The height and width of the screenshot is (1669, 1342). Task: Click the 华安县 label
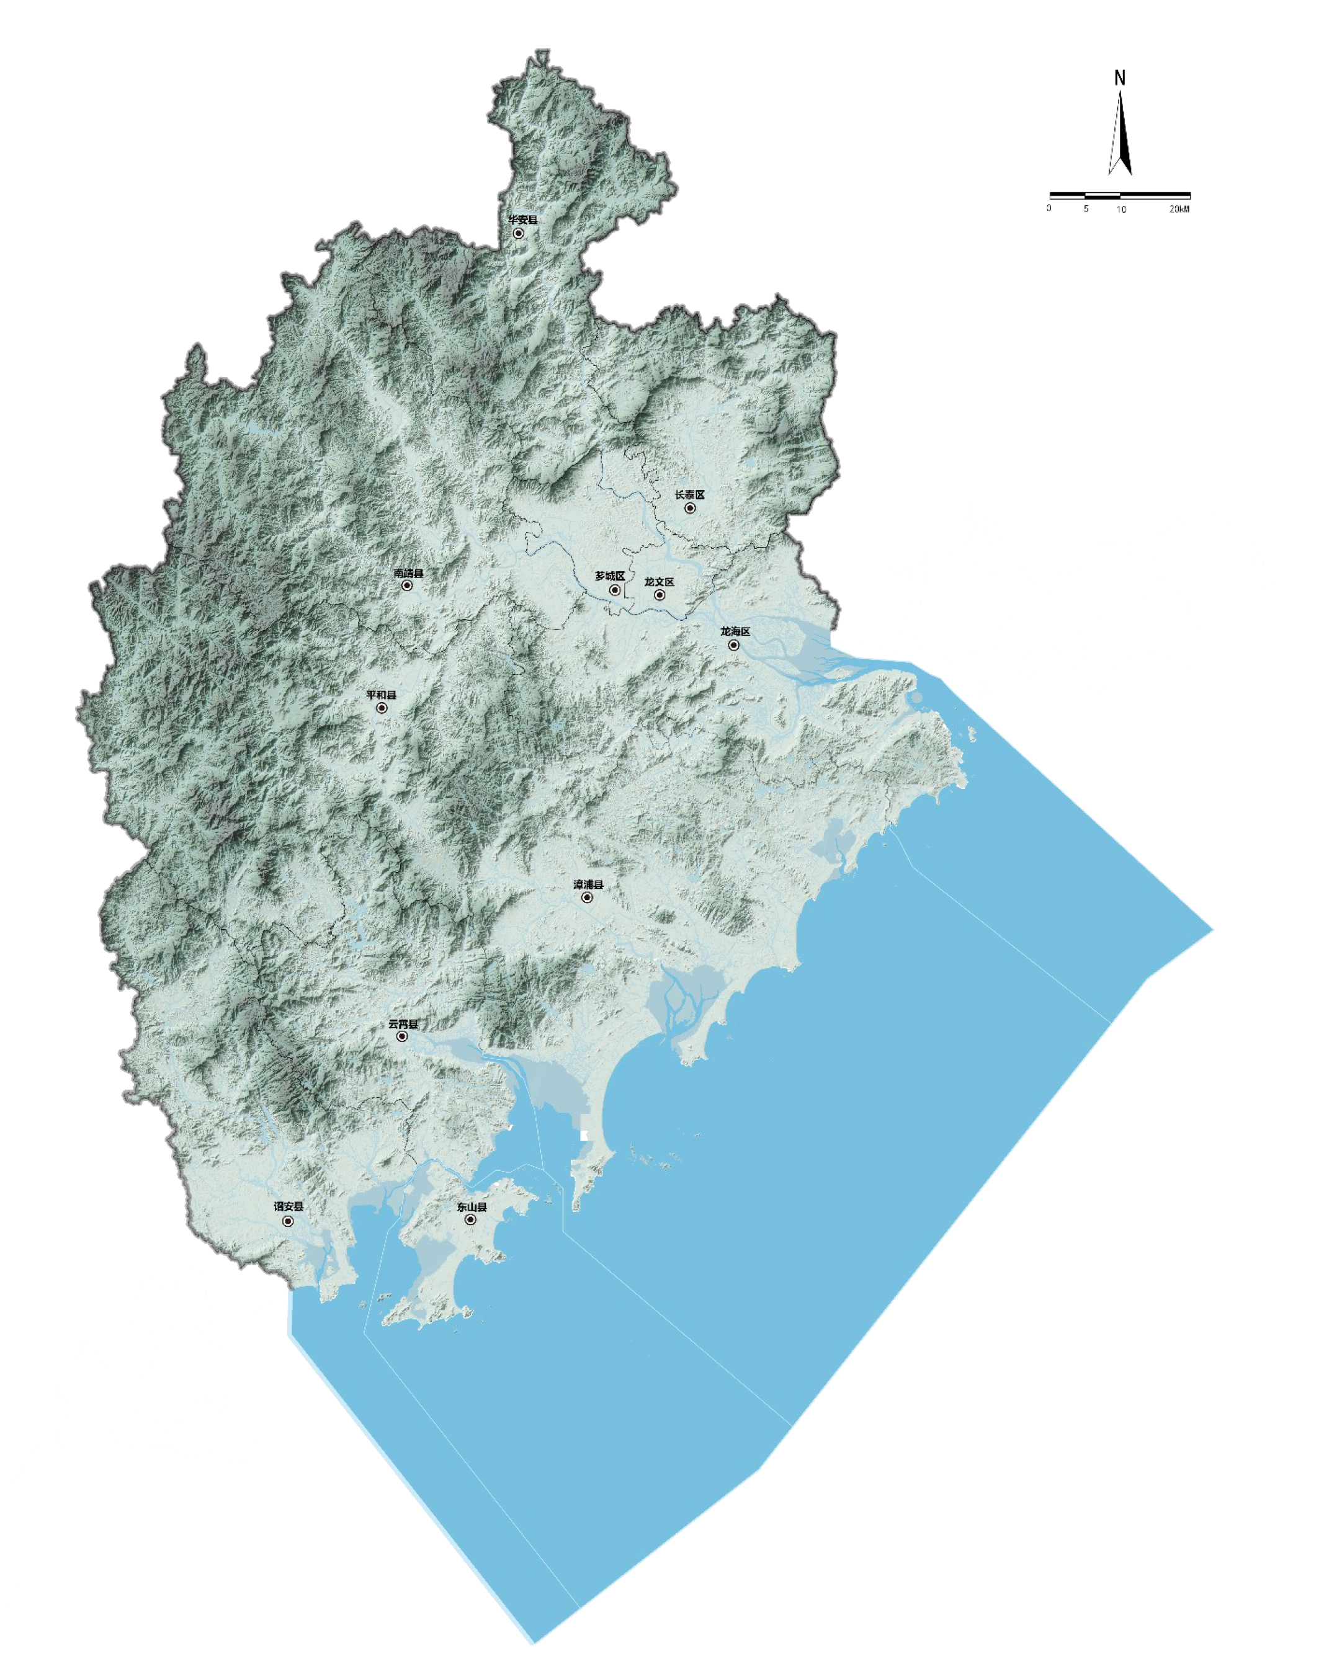(522, 220)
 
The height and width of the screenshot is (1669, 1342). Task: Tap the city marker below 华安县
(519, 233)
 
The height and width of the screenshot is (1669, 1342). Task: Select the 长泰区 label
(689, 495)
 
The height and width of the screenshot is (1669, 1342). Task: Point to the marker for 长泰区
(690, 509)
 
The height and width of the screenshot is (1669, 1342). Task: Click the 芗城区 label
(609, 576)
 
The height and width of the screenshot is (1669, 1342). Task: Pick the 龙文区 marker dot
(660, 595)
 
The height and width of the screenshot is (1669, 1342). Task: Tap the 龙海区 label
(735, 631)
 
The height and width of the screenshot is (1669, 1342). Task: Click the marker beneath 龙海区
(733, 645)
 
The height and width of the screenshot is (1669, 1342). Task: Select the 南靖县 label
(408, 574)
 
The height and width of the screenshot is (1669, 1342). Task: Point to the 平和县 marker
(382, 708)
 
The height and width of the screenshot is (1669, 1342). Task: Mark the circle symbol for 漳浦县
(587, 898)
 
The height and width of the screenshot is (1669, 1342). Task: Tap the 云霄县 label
(403, 1024)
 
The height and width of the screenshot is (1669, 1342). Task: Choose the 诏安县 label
(288, 1207)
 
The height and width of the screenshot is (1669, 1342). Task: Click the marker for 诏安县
(288, 1222)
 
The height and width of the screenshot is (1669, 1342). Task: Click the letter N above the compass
(1120, 78)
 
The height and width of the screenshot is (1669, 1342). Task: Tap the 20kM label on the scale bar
(1179, 209)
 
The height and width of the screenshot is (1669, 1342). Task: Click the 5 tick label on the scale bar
(1086, 209)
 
